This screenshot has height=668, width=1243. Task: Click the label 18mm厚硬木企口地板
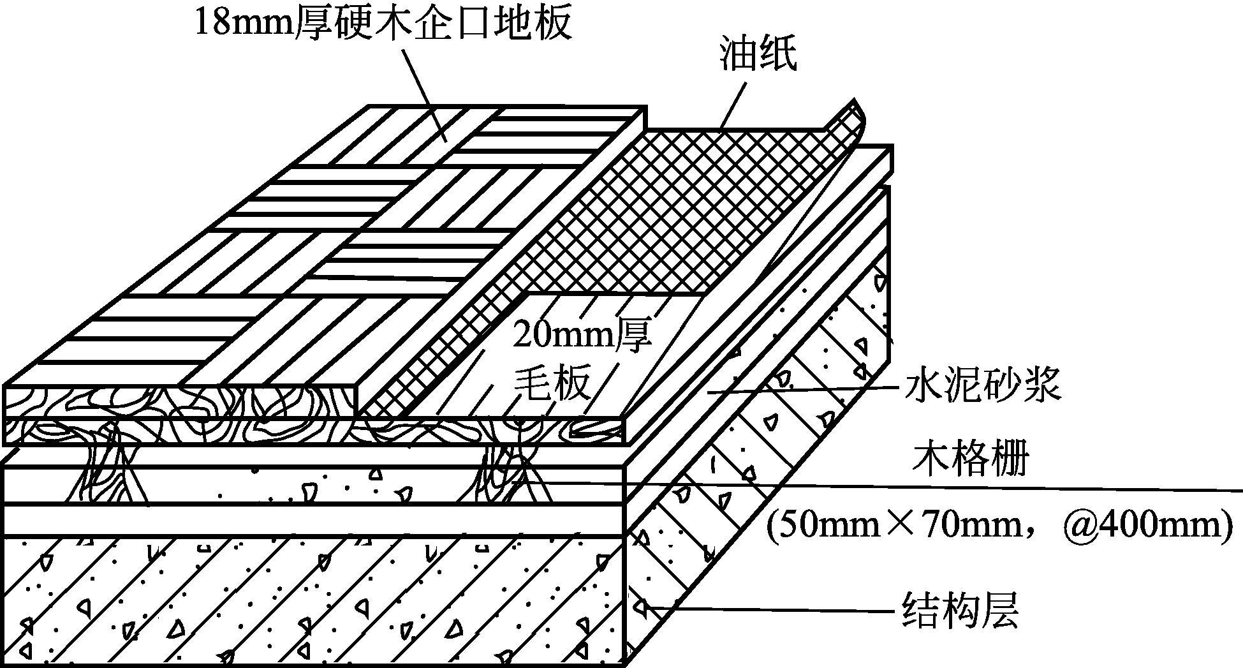[383, 24]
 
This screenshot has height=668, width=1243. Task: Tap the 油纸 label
[758, 55]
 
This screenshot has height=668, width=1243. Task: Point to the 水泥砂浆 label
[982, 386]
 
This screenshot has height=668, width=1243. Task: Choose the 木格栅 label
[972, 459]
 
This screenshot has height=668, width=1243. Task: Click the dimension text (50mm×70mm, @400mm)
[998, 527]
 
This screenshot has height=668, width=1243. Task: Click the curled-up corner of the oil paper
[848, 121]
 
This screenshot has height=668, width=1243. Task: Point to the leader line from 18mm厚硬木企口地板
[424, 89]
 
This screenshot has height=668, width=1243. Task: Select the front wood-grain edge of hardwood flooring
[179, 402]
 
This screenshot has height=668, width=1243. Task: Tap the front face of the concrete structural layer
[313, 600]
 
